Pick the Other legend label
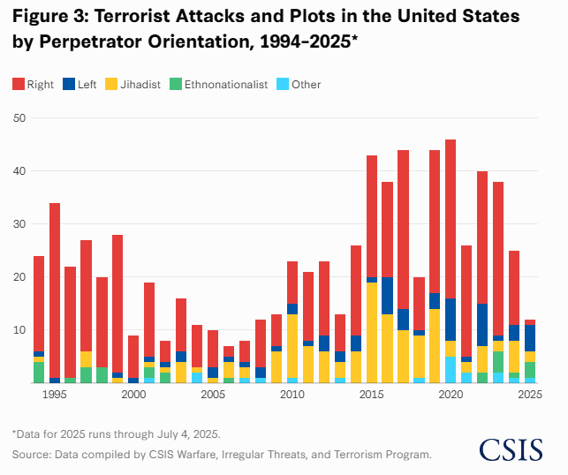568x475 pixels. coord(306,85)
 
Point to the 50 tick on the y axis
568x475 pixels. coord(19,118)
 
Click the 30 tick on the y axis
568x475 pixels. coord(19,224)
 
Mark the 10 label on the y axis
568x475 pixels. coord(19,330)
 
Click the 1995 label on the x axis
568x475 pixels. coord(55,396)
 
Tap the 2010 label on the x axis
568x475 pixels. coord(292,396)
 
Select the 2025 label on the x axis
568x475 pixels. coord(529,396)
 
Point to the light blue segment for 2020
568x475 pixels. coord(451,370)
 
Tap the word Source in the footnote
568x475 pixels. coord(31,454)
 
